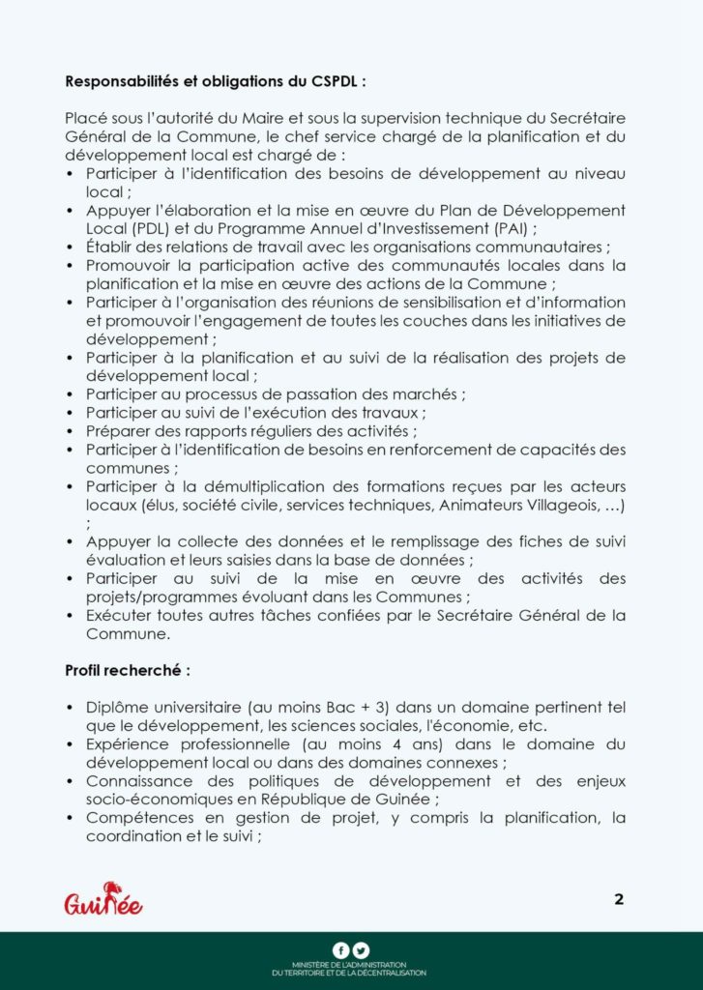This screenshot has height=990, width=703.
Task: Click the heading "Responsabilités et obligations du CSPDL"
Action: (x=216, y=80)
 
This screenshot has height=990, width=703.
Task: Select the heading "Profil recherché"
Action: (x=127, y=669)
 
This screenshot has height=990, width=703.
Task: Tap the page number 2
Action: (x=619, y=899)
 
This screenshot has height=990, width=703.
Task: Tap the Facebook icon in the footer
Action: (x=340, y=950)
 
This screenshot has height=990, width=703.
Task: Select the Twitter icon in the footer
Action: (x=361, y=950)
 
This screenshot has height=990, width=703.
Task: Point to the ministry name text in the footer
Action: (x=350, y=970)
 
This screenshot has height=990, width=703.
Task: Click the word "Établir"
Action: (x=110, y=247)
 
